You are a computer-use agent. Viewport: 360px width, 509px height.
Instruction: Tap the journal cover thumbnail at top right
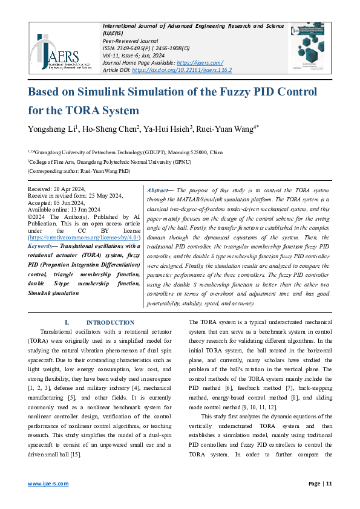coord(314,48)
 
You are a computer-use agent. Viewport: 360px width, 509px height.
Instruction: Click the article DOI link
coord(182,70)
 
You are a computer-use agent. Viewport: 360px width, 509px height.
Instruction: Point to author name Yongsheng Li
coord(53,129)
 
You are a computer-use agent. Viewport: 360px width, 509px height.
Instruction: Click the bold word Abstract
coord(159,190)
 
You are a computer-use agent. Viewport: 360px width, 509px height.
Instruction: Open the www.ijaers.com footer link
coord(48,484)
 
